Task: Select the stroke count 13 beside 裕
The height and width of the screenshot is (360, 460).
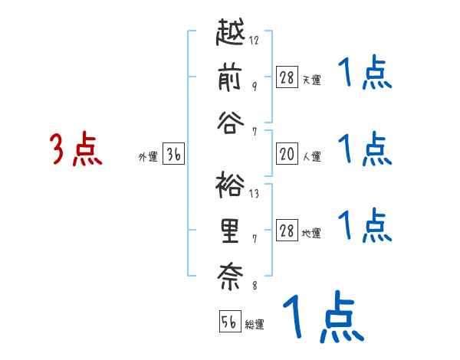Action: (x=254, y=194)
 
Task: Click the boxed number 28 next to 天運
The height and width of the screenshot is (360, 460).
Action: (x=287, y=77)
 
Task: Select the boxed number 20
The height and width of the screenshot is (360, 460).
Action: (x=287, y=154)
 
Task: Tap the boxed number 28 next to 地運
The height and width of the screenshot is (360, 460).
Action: (x=287, y=231)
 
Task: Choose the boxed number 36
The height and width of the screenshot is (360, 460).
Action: (x=173, y=155)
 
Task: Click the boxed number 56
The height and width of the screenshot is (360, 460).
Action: (x=229, y=322)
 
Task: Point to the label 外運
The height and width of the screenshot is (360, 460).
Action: (x=148, y=157)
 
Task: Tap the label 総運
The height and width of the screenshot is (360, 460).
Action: (x=255, y=324)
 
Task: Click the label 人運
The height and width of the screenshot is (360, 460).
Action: (x=311, y=157)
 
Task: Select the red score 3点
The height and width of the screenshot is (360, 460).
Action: (x=76, y=149)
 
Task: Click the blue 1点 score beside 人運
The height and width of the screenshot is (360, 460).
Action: (x=365, y=149)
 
